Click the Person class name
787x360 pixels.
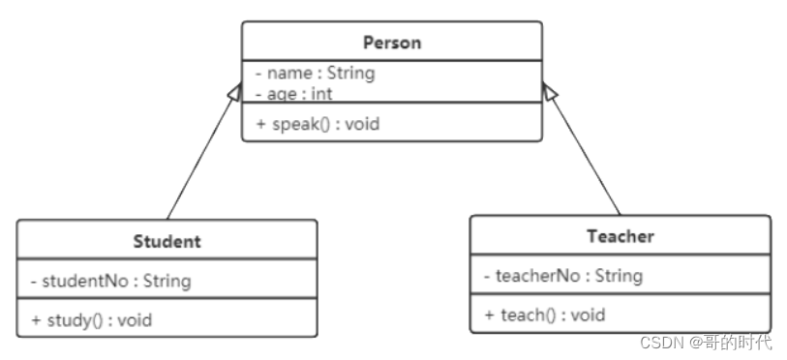click(392, 43)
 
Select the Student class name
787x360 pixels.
click(167, 242)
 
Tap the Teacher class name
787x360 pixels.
click(621, 236)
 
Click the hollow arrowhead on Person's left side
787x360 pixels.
click(235, 92)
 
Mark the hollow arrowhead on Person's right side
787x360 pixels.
click(550, 92)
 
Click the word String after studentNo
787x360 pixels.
click(167, 282)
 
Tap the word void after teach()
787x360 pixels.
click(588, 315)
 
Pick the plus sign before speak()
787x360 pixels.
click(260, 124)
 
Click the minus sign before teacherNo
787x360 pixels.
click(487, 276)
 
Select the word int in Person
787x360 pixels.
click(321, 94)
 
